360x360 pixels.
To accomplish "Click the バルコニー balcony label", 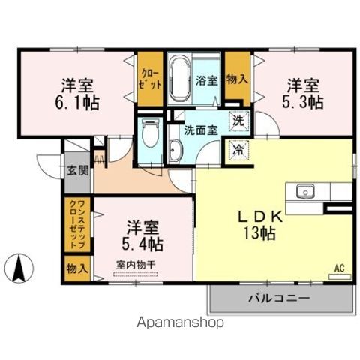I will click(280, 298).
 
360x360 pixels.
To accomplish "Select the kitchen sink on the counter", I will click(307, 192).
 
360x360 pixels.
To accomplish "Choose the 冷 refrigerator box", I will click(237, 148).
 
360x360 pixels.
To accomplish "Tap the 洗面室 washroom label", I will click(201, 130).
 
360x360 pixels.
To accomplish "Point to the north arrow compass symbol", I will click(21, 265).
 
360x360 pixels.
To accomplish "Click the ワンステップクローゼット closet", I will click(79, 224).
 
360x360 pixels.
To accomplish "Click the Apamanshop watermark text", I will click(180, 323).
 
